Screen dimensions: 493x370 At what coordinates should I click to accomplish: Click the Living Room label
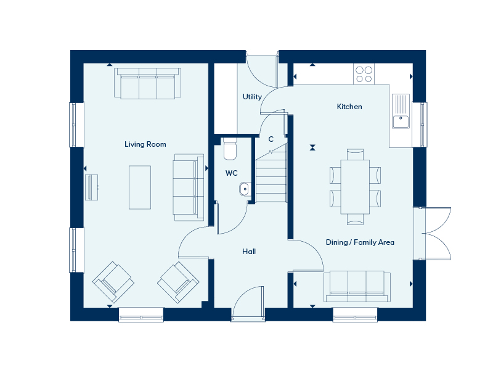point(145,144)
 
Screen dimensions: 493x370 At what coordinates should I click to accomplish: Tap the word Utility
point(252,97)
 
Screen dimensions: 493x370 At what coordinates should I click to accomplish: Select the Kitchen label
point(349,107)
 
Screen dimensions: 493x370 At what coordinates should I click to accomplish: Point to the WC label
point(232,173)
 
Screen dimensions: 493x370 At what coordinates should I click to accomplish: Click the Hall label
point(249,252)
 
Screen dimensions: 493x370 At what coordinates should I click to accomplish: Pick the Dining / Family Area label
point(360,242)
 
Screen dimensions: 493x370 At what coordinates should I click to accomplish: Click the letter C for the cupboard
point(271,139)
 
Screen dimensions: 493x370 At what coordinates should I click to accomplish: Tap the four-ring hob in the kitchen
point(364,74)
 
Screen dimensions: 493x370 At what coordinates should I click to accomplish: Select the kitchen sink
point(401,111)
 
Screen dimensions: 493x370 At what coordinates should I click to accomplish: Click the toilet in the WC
point(230,149)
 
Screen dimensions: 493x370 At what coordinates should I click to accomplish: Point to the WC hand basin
point(245,189)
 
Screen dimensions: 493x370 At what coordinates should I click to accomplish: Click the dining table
point(355,187)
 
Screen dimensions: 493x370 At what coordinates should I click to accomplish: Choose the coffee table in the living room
point(140,187)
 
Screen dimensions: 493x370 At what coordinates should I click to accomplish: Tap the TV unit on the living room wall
point(91,187)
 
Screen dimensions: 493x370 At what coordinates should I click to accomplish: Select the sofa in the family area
point(357,286)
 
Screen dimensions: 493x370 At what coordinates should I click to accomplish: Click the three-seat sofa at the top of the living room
point(147,83)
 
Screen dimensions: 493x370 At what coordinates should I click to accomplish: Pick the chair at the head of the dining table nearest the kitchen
point(356,155)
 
